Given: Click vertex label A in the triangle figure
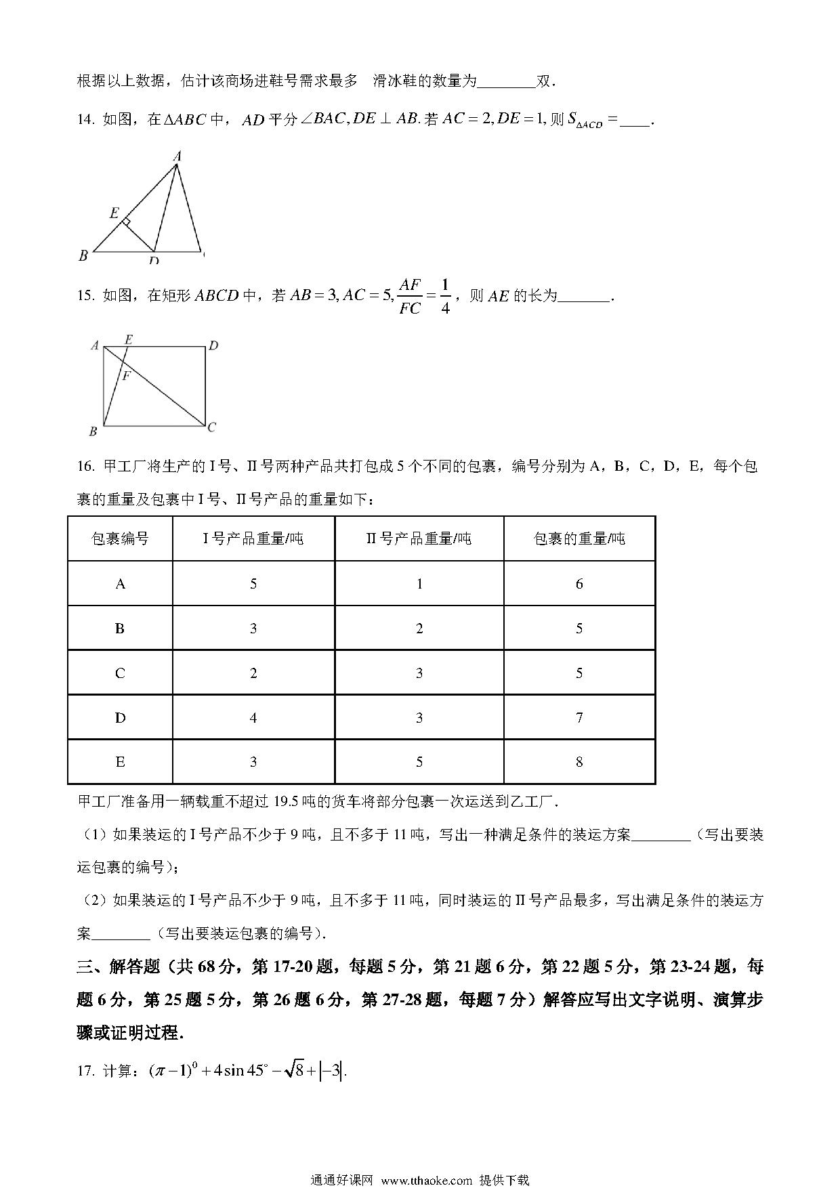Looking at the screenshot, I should click(x=177, y=156).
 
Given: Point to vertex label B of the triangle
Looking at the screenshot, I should click(x=83, y=255).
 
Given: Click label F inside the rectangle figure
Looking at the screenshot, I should click(x=126, y=376).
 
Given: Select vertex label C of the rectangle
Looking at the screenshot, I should click(x=212, y=427).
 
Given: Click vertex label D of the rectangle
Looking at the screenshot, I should click(x=213, y=346).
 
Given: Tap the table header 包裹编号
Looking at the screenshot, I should click(x=120, y=539).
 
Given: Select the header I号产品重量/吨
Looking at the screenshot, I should click(x=253, y=539).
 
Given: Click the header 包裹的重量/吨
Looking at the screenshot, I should click(x=579, y=539).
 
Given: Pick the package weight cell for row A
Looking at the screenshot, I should click(x=579, y=584).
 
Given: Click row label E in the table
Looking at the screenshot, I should click(x=120, y=762).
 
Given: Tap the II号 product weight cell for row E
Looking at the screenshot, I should click(x=419, y=762).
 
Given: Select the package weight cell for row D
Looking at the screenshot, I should click(x=579, y=717).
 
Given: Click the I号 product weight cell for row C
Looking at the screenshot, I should click(x=253, y=673).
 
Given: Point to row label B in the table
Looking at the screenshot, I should click(x=120, y=629).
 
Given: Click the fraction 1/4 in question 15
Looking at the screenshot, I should click(x=445, y=296).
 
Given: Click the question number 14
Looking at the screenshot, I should click(x=85, y=121).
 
